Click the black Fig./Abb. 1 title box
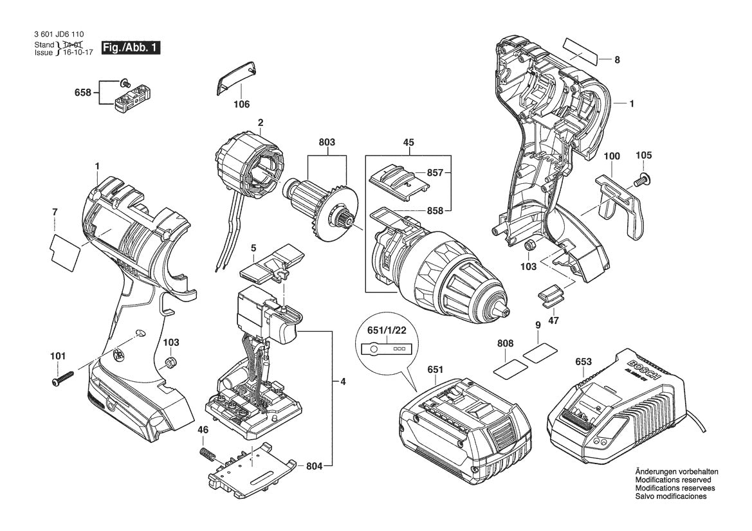point(129,48)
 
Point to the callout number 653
point(583,362)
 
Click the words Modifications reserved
point(673,480)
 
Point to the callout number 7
point(55,212)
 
